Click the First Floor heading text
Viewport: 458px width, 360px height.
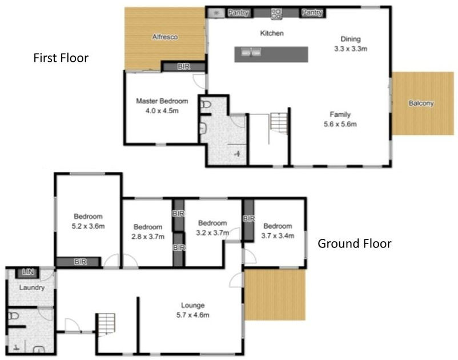point(61,58)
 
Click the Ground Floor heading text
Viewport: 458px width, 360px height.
point(354,244)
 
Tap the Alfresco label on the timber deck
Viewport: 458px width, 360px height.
point(164,37)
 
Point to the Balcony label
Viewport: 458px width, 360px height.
point(421,103)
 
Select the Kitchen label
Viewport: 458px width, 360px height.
point(272,34)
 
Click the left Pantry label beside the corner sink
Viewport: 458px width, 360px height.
point(238,12)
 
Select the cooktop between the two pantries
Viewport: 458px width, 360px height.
point(276,12)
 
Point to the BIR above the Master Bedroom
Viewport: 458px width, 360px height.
point(183,67)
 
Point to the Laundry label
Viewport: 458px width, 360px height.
point(31,287)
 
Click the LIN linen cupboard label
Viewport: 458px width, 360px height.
point(27,273)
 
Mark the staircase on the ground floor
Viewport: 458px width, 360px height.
point(105,325)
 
